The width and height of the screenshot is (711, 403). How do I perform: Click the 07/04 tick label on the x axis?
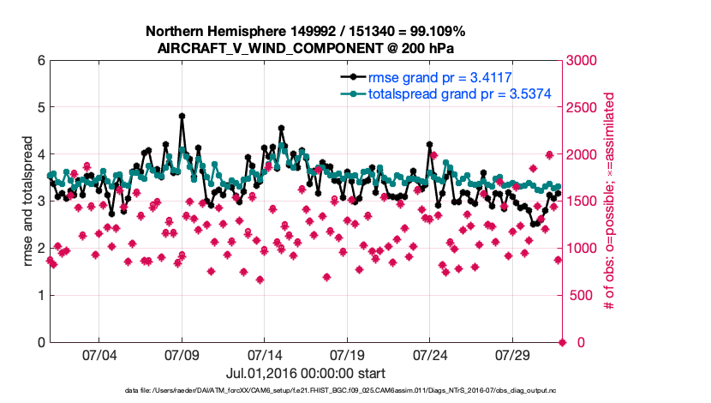pos(99,355)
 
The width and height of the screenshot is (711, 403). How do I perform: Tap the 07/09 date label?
pos(182,355)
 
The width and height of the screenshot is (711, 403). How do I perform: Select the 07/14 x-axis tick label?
pos(265,355)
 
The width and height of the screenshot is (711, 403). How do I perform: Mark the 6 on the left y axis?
pos(40,61)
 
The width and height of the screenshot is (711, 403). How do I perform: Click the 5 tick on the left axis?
pos(40,108)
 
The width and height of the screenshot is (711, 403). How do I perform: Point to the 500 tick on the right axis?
pos(577,296)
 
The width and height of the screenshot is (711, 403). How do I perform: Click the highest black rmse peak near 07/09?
pos(182,116)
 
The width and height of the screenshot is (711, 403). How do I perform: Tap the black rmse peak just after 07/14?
pos(281,128)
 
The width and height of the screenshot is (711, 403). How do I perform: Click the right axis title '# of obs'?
pos(610,201)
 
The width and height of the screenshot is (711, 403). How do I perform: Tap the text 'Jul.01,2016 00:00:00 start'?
pos(305,373)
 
